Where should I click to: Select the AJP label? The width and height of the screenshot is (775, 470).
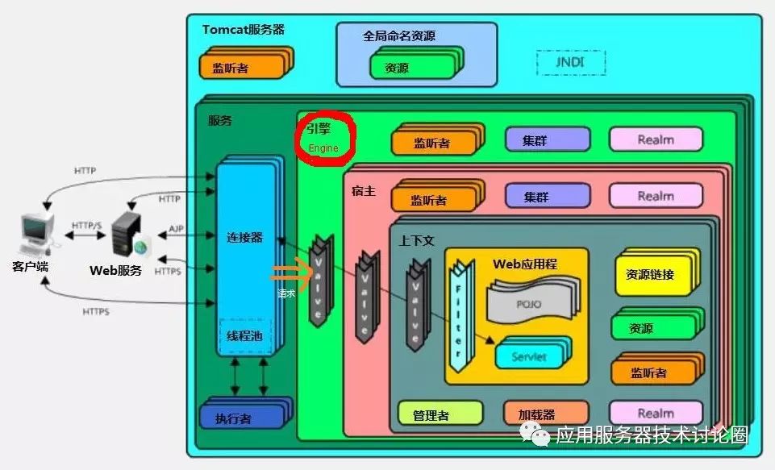coord(176,230)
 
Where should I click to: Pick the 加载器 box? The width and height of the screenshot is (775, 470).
coord(536,414)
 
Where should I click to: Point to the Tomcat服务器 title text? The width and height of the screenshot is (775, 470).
coord(243,30)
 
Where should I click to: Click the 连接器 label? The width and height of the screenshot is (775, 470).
coord(245,237)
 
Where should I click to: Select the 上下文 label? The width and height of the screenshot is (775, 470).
coord(416,241)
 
